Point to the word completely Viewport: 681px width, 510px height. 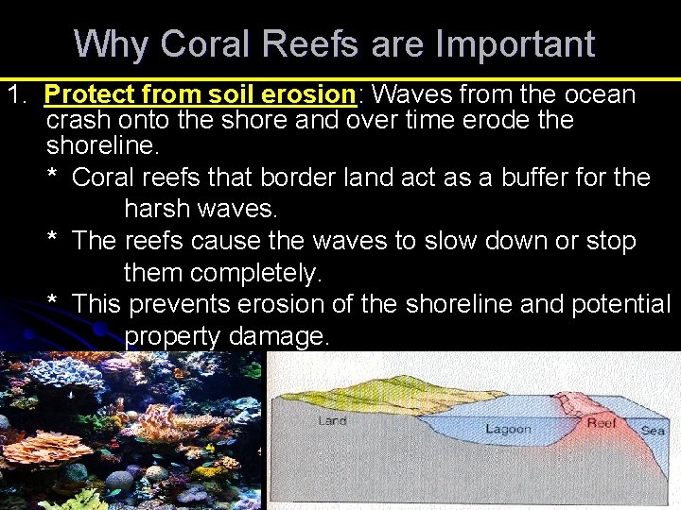click(255, 274)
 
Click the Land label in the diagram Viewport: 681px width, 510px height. click(332, 421)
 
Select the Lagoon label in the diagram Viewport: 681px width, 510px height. click(508, 430)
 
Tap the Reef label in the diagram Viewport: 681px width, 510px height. click(601, 424)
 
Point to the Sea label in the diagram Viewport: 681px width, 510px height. click(653, 430)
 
